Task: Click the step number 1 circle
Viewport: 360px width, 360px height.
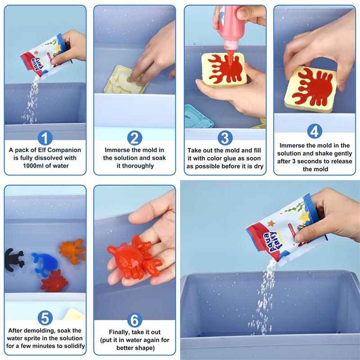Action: point(45,138)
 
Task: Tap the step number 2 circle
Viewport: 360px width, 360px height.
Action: point(135,138)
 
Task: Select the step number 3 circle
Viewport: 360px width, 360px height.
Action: point(225,138)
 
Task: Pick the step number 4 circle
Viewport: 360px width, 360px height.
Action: point(315,131)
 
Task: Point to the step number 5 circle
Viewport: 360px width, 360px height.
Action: point(45,318)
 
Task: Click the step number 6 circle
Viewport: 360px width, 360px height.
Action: point(135,320)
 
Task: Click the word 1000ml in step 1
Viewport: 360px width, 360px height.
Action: point(32,166)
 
